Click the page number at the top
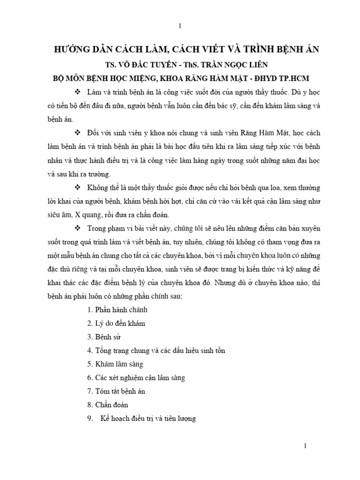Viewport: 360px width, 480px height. coord(180,26)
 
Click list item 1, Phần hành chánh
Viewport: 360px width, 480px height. coord(117,310)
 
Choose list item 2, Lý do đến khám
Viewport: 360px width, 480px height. coord(116,323)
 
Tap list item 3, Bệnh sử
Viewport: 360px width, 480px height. coord(106,337)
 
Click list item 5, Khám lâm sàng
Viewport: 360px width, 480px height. coord(115,364)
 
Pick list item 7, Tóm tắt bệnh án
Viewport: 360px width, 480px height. coord(117,391)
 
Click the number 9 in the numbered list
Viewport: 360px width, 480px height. coord(89,418)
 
